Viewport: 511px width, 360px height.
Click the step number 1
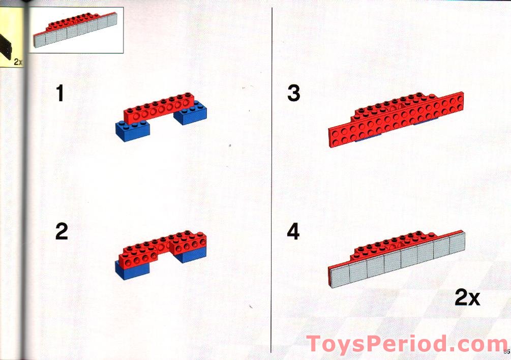[60, 93]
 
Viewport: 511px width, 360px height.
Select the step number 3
[293, 93]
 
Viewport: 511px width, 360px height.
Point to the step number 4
[293, 232]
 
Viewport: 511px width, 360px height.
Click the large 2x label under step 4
[467, 297]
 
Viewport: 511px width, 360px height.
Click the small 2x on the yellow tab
[18, 62]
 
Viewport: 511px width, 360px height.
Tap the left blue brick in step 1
[133, 131]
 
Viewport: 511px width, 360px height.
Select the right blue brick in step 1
[190, 113]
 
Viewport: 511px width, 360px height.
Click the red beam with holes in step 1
[159, 108]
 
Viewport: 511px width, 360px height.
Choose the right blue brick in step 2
[191, 255]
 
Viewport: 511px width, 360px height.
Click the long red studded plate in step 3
[396, 119]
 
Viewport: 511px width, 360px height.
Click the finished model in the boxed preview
[75, 29]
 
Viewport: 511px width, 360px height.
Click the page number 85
[507, 351]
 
